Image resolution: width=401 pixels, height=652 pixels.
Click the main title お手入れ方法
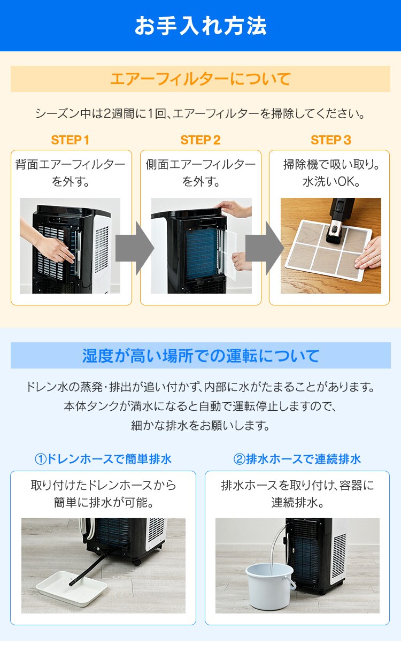point(200,26)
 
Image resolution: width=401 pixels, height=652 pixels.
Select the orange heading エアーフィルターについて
point(200,79)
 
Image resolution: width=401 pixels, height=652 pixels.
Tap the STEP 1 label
point(70,140)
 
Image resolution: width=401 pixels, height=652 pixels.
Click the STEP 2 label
point(200,140)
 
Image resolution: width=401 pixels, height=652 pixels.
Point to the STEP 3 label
point(331,140)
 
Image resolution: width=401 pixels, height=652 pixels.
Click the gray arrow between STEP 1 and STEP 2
point(135,248)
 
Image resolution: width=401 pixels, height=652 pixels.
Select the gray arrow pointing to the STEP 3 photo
point(265,248)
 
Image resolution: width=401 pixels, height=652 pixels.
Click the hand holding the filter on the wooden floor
point(368,253)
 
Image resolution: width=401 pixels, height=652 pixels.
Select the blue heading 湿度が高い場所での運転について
point(201,356)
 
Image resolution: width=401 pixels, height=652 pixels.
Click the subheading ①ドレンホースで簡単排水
point(103,459)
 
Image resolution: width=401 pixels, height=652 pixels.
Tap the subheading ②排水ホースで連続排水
point(297,459)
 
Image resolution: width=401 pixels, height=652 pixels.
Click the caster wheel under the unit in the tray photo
point(137,562)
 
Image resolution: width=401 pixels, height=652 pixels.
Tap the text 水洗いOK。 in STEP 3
point(331,182)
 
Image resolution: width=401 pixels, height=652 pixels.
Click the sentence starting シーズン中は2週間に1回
point(200,113)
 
